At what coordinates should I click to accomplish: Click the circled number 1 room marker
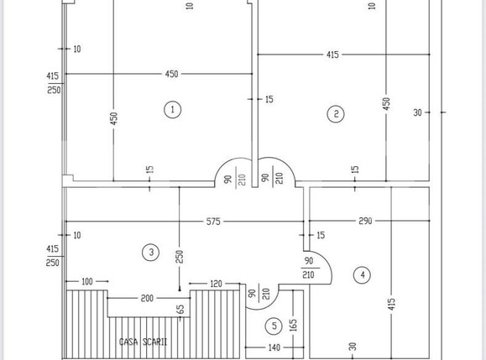(x=172, y=109)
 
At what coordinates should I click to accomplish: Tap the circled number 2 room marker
(x=336, y=113)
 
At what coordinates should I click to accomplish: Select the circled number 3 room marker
(x=151, y=253)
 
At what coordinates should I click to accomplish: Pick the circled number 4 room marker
(x=363, y=274)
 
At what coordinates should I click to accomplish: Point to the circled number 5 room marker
(x=274, y=326)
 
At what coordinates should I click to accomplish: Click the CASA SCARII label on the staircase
(x=143, y=342)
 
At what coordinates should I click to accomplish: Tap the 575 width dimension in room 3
(x=213, y=222)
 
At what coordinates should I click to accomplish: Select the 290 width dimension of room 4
(x=365, y=221)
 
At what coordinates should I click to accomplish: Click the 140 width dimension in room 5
(x=274, y=347)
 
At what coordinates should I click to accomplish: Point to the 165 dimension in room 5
(x=293, y=326)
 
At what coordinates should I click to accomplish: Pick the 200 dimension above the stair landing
(x=147, y=298)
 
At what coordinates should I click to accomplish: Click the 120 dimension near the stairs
(x=216, y=284)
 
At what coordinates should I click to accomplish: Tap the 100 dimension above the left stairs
(x=87, y=281)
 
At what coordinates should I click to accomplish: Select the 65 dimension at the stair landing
(x=180, y=309)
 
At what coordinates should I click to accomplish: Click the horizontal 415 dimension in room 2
(x=332, y=55)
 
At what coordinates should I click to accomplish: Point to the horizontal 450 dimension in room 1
(x=171, y=74)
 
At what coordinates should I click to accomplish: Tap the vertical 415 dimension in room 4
(x=391, y=305)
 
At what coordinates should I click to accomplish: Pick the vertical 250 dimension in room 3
(x=180, y=257)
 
